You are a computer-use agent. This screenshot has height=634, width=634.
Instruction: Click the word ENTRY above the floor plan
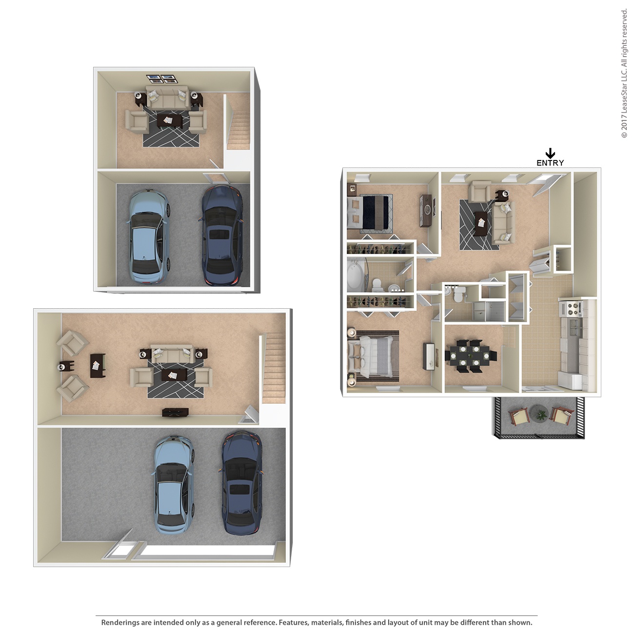coord(550,163)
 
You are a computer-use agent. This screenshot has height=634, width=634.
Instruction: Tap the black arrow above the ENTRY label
coord(550,153)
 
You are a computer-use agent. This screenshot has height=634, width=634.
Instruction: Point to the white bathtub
coord(355,276)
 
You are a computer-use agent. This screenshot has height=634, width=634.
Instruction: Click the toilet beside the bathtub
coord(376,284)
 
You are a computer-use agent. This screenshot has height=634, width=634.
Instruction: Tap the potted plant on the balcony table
coord(541,415)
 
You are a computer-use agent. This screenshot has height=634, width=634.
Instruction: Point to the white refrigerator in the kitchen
coord(571,380)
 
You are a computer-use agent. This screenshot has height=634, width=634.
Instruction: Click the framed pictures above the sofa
coord(161,78)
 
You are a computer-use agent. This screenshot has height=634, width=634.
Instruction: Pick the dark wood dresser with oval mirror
coord(427,210)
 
